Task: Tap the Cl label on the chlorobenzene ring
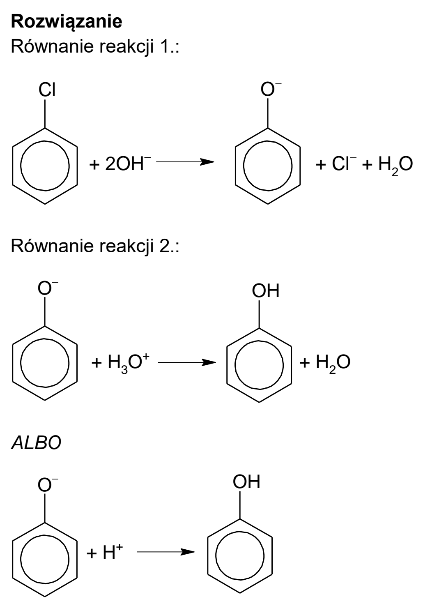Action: [x=47, y=90]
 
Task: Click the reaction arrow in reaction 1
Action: [x=185, y=162]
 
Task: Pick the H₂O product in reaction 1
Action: [x=395, y=165]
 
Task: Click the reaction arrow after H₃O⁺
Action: [x=187, y=362]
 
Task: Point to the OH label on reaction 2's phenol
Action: [x=266, y=291]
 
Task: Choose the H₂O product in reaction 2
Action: [x=333, y=364]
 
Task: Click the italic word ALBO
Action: [x=36, y=443]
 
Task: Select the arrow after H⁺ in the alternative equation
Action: [x=166, y=552]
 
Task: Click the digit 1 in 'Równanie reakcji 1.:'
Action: [x=164, y=46]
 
